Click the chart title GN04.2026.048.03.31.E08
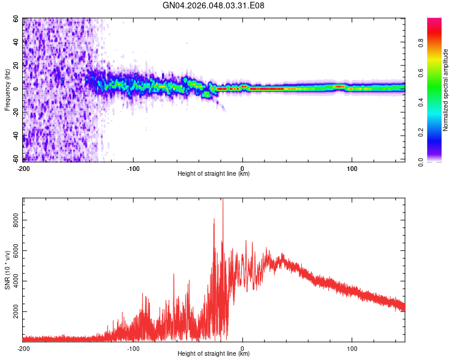pyautogui.click(x=214, y=6)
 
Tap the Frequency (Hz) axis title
pyautogui.click(x=7, y=90)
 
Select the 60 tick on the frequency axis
pyautogui.click(x=16, y=19)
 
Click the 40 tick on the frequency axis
pyautogui.click(x=16, y=42)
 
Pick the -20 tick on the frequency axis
pyautogui.click(x=14, y=113)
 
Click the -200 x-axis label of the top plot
pyautogui.click(x=23, y=168)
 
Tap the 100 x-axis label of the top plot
pyautogui.click(x=352, y=168)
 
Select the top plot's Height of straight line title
pyautogui.click(x=214, y=174)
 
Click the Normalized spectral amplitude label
pyautogui.click(x=445, y=90)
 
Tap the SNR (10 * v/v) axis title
pyautogui.click(x=7, y=269)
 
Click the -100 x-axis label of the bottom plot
pyautogui.click(x=133, y=349)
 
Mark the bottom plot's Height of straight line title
pyautogui.click(x=214, y=355)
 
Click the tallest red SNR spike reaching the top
pyautogui.click(x=223, y=204)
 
